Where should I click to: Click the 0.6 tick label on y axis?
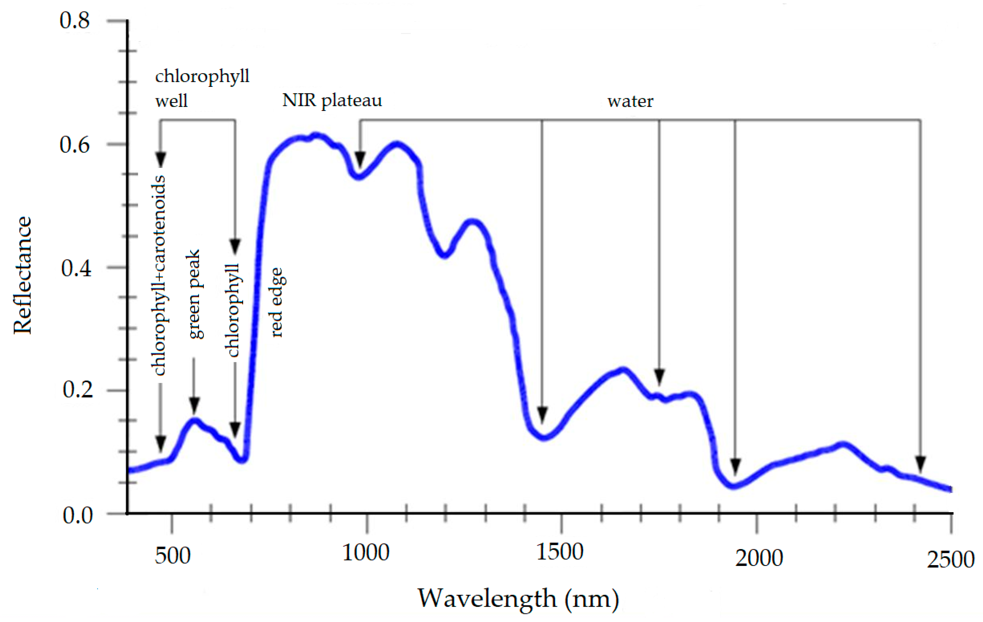point(74,145)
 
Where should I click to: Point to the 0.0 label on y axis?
point(77,515)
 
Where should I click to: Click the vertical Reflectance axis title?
point(22,276)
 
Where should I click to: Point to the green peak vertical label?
point(194,294)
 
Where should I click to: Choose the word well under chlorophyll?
point(171,100)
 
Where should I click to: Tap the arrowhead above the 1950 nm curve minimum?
point(735,466)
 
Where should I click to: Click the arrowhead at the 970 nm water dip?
point(360,159)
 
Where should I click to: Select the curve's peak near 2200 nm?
point(843,444)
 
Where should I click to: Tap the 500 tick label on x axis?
point(172,556)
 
